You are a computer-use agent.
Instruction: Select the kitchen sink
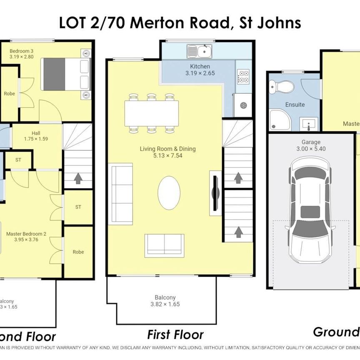(203, 52)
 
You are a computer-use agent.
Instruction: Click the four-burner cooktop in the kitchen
(243, 77)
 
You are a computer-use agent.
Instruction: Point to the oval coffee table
(169, 193)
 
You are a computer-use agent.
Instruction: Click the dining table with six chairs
(151, 114)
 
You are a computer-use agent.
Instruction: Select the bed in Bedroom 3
(65, 74)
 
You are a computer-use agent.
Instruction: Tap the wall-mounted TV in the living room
(215, 193)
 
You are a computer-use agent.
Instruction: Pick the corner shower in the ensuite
(279, 120)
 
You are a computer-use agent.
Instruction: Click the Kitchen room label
(200, 67)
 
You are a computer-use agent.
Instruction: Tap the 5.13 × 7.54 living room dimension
(168, 156)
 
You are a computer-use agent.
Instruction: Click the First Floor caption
(175, 334)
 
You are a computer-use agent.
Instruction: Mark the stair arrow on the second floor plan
(77, 179)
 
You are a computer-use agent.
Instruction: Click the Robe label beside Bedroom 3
(10, 94)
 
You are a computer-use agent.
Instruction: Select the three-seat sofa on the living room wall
(120, 189)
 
